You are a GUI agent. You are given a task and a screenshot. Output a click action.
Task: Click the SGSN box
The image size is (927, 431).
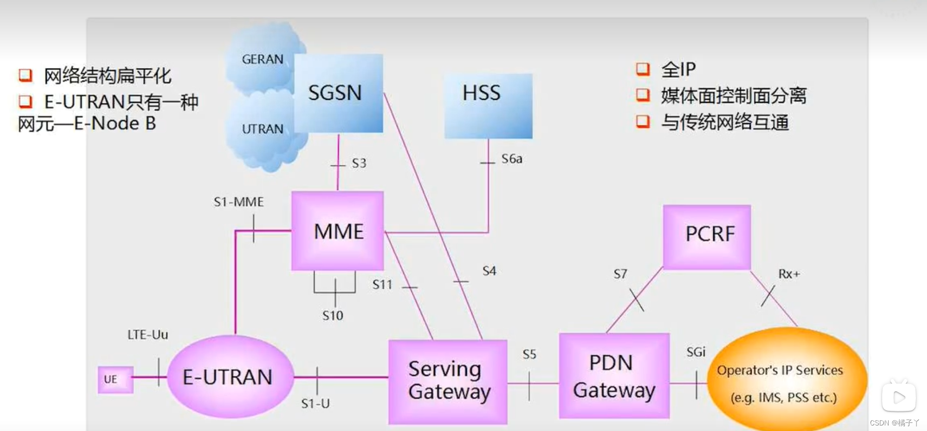pos(338,93)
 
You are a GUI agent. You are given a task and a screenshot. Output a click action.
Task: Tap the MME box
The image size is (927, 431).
pos(338,231)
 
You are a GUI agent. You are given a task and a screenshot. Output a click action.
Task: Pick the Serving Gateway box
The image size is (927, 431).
pos(448,381)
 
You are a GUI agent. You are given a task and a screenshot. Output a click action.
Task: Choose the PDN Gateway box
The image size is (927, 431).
pos(614,376)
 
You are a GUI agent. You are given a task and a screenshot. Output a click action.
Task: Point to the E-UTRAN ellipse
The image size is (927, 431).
pos(230,377)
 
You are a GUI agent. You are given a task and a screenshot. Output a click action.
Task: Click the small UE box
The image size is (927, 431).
pos(115,380)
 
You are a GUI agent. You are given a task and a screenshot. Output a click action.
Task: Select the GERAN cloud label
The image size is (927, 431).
pos(262,59)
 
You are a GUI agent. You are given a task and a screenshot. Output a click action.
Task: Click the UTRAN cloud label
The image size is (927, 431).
pos(262,130)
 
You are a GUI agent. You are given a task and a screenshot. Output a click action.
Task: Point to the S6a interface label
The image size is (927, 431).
pos(512,159)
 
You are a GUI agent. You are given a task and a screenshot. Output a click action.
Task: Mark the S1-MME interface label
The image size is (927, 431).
pos(238,202)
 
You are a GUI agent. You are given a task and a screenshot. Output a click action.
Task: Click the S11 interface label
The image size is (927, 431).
pos(382,285)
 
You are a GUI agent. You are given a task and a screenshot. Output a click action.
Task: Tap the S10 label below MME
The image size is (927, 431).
pos(333,316)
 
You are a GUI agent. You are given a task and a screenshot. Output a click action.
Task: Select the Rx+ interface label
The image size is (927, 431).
pos(789,274)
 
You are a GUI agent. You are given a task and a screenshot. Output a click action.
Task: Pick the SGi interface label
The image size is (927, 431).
pos(696,352)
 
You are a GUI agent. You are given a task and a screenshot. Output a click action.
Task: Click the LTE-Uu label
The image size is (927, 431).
pos(148,335)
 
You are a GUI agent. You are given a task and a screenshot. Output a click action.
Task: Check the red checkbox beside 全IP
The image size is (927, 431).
pos(643,69)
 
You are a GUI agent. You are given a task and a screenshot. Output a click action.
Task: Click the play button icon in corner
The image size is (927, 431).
pos(899,397)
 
